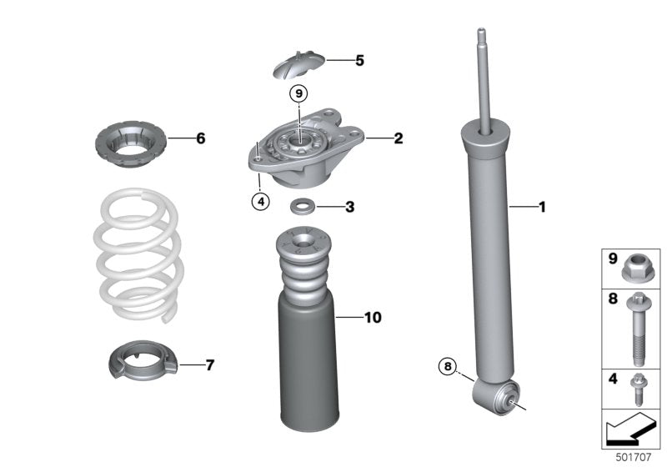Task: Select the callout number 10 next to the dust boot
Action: tap(372, 317)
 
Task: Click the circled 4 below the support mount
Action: tap(260, 200)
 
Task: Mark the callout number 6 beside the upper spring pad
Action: tap(200, 138)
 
